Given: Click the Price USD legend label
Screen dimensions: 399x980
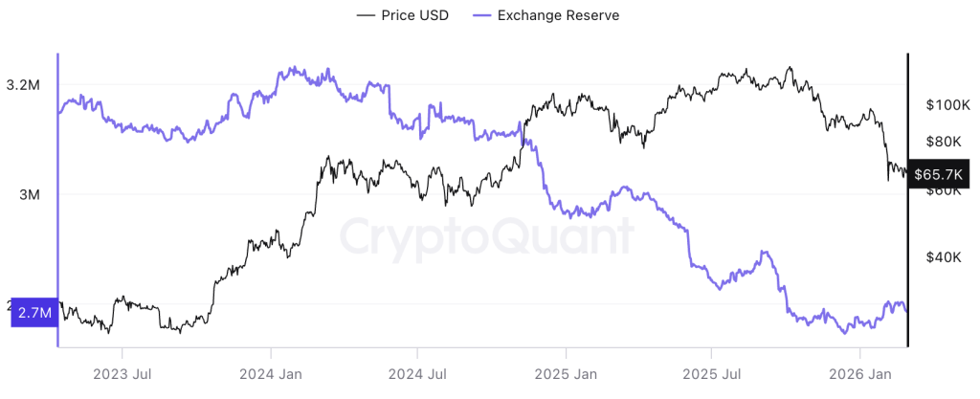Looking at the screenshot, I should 414,15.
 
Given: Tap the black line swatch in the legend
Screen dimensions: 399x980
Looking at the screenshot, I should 366,15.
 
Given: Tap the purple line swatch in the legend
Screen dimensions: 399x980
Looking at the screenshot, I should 489,15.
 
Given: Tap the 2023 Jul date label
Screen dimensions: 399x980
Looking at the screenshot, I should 122,373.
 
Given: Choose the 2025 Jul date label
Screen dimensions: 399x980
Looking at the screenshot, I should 712,373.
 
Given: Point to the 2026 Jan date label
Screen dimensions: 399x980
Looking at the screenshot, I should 859,373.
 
